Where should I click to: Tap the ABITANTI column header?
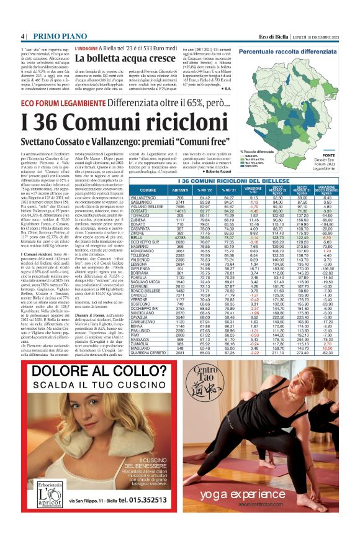pos(180,189)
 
